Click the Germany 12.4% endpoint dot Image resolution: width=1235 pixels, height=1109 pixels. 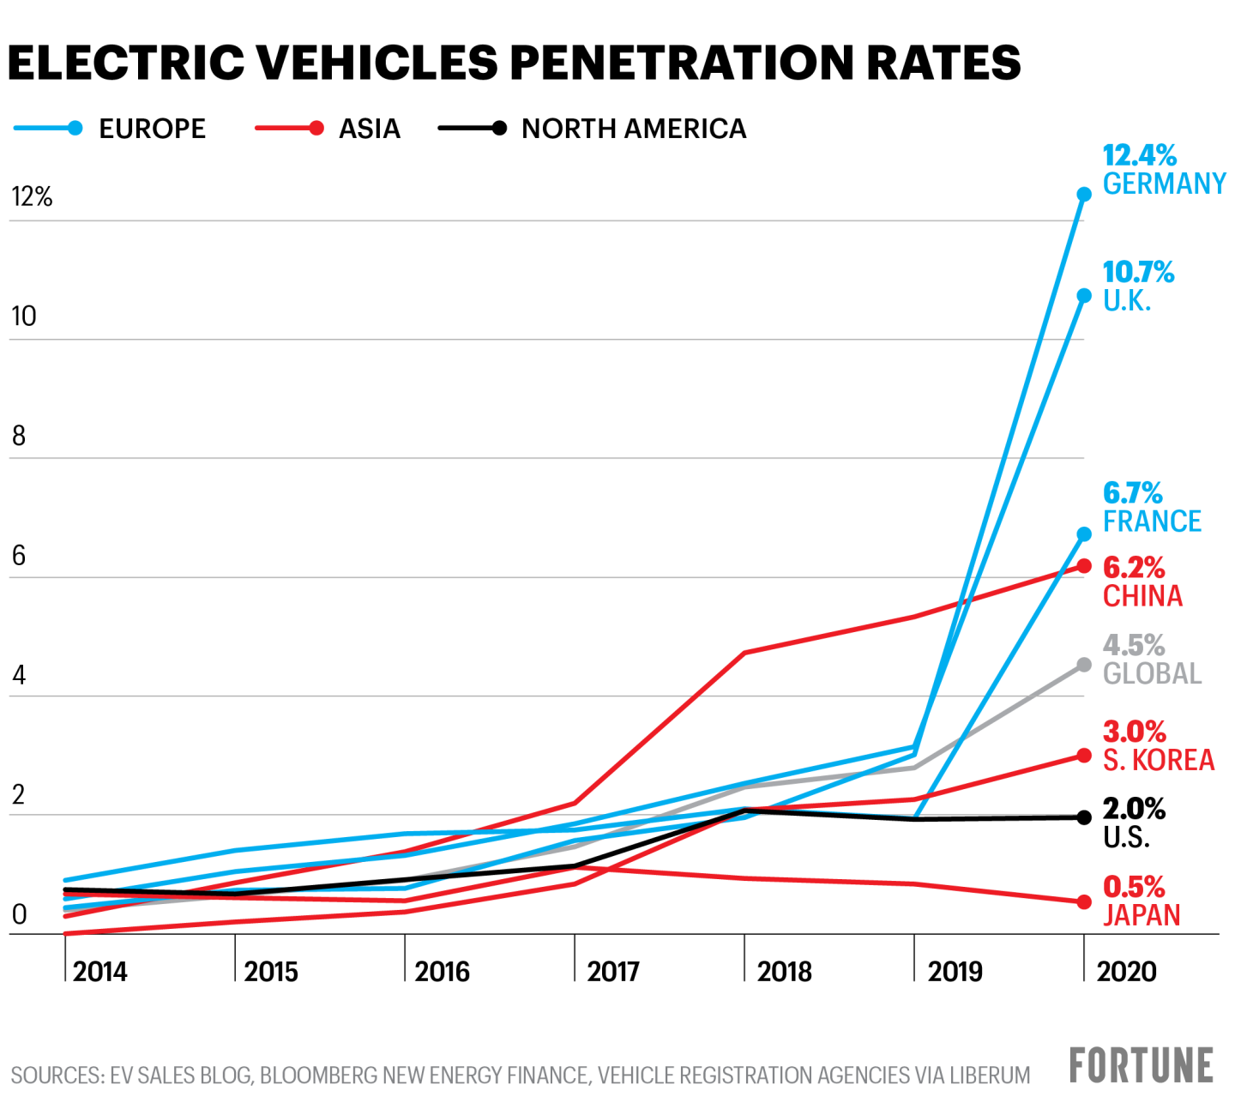[x=1084, y=195]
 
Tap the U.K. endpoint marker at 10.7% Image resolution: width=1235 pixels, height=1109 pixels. [x=1084, y=296]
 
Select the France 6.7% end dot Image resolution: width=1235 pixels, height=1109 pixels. [x=1084, y=534]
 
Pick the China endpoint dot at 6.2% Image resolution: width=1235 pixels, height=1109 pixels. [x=1084, y=566]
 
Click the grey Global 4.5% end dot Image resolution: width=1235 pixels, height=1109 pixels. [x=1084, y=665]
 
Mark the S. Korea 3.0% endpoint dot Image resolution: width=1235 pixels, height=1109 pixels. [x=1084, y=756]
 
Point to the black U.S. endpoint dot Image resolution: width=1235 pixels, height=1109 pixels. [x=1084, y=817]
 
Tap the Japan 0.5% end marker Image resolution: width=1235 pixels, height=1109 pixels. [x=1084, y=902]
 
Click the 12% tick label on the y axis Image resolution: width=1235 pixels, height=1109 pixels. [x=32, y=197]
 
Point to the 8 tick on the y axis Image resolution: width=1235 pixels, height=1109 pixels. [x=19, y=437]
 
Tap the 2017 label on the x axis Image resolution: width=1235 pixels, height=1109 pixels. [x=613, y=972]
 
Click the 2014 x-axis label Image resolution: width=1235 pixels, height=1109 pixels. [x=100, y=972]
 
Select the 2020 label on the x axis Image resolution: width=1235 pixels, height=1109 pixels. [x=1127, y=972]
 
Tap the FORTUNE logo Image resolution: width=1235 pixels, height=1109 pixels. [x=1141, y=1066]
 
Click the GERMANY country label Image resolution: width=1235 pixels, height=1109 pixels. [x=1164, y=184]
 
